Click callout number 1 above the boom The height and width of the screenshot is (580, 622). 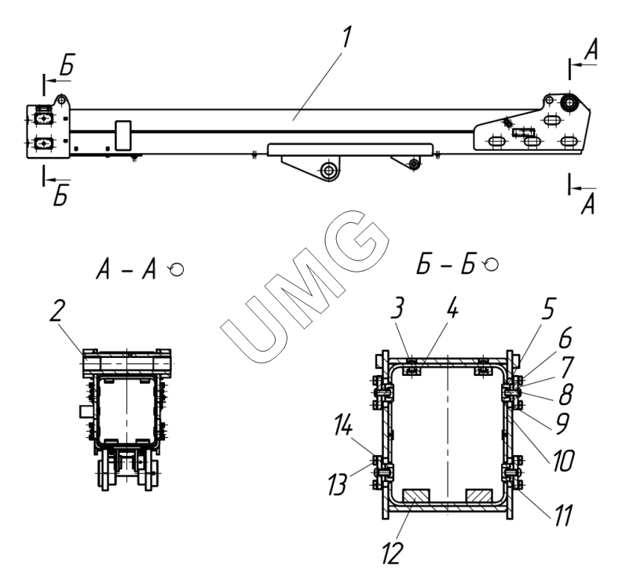tap(346, 38)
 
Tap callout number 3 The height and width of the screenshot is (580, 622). tap(397, 308)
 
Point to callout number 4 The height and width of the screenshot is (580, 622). tap(451, 308)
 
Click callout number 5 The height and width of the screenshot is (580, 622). tap(548, 308)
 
